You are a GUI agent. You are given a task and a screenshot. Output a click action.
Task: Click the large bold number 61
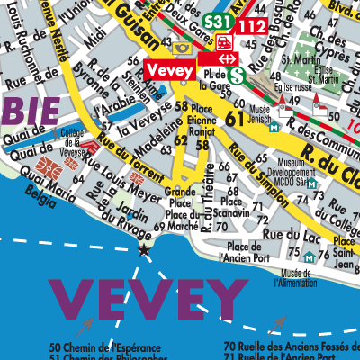point(236,118)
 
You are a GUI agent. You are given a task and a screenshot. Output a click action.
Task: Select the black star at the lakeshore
point(142,248)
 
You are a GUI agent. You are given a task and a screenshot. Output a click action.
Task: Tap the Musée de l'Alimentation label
point(301,278)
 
